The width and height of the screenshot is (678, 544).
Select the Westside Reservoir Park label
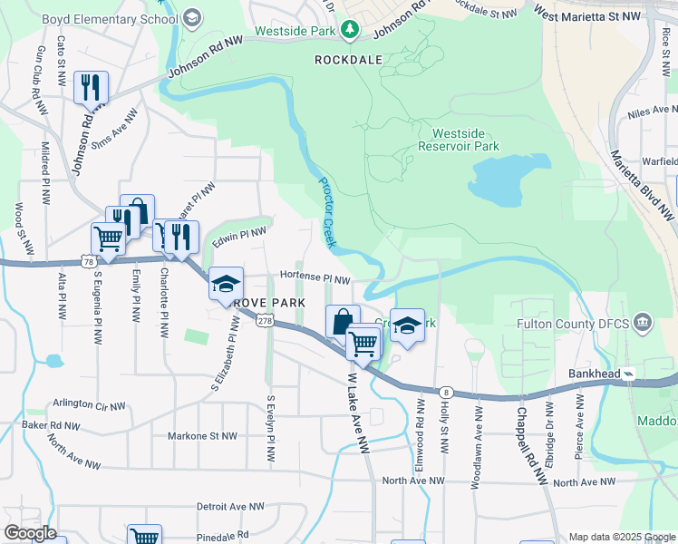point(459,139)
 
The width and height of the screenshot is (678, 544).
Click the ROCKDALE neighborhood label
point(348,59)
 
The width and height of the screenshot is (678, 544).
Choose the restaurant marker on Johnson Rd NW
point(91,88)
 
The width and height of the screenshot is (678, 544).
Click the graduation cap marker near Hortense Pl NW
point(226,284)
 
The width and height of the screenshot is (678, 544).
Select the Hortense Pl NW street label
point(315,278)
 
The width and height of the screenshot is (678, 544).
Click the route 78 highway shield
point(88,261)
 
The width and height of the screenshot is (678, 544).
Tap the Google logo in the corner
point(30,533)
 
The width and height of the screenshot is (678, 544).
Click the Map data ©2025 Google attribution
point(622,537)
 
